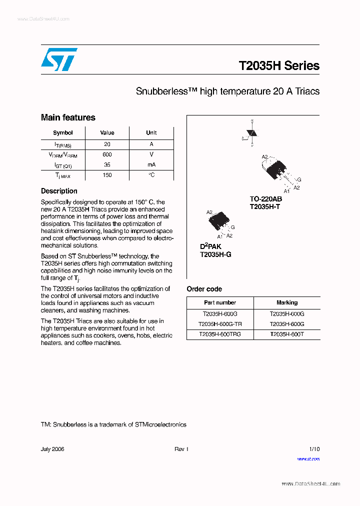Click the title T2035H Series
pyautogui.click(x=279, y=66)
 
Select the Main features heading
pyautogui.click(x=68, y=117)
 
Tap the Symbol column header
pyautogui.click(x=63, y=133)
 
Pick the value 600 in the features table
pyautogui.click(x=107, y=154)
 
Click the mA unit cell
pyautogui.click(x=151, y=164)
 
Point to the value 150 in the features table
pyautogui.click(x=107, y=175)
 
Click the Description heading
pyautogui.click(x=59, y=191)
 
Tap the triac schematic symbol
pyautogui.click(x=252, y=133)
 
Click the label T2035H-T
pyautogui.click(x=265, y=206)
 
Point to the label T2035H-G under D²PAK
pyautogui.click(x=215, y=254)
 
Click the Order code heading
pyautogui.click(x=204, y=289)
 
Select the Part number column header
pyautogui.click(x=220, y=302)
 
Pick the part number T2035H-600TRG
pyautogui.click(x=220, y=334)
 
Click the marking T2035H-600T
pyautogui.click(x=286, y=334)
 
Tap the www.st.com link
pyautogui.click(x=308, y=458)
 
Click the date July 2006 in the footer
pyautogui.click(x=52, y=449)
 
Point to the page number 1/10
pyautogui.click(x=314, y=449)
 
